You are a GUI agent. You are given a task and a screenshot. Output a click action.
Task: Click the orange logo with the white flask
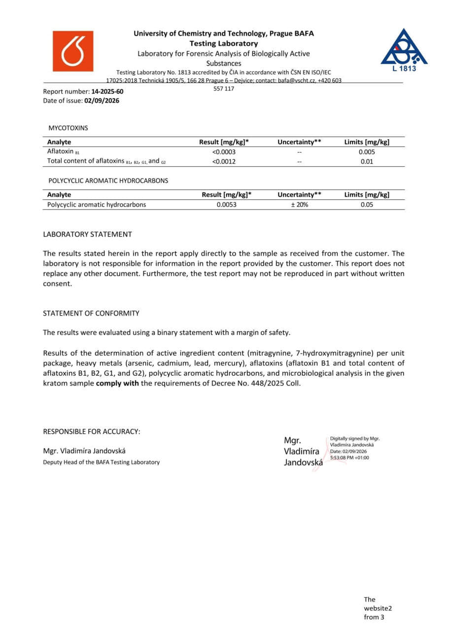tap(73, 51)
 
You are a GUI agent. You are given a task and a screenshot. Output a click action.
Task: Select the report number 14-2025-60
tap(107, 92)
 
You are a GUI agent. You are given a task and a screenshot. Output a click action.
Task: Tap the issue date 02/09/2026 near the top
tap(102, 101)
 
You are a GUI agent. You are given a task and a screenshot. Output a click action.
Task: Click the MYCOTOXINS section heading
tap(68, 128)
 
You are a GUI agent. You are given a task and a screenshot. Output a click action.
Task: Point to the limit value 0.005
tap(367, 152)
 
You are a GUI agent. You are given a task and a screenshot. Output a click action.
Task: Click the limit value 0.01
tap(367, 161)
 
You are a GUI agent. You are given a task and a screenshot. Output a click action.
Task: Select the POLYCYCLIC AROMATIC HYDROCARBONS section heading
tap(108, 181)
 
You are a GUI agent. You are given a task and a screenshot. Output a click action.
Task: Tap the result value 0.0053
tap(226, 205)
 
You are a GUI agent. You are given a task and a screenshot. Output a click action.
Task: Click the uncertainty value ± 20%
tap(299, 205)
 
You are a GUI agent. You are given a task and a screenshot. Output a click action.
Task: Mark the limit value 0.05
tap(367, 205)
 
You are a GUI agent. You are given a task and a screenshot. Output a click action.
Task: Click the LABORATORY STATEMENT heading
tap(87, 234)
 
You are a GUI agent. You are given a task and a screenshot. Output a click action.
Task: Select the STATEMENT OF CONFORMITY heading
tap(91, 313)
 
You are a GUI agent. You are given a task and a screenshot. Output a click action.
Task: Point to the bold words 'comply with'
tap(117, 383)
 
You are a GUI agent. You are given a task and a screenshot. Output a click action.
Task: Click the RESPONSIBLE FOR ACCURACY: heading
tap(92, 431)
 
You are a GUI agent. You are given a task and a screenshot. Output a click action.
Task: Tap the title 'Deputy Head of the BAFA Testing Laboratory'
tap(102, 462)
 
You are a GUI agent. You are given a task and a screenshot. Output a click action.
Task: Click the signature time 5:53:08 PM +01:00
tap(349, 458)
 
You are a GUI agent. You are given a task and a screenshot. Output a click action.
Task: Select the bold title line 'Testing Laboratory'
tap(224, 43)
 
